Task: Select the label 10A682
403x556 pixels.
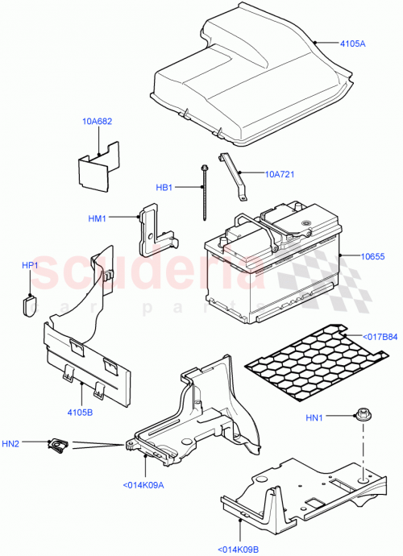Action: click(96, 122)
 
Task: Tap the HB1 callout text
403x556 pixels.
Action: click(164, 188)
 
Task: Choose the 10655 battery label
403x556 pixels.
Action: click(362, 255)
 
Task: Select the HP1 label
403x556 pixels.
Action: click(30, 264)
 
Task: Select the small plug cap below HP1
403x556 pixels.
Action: click(31, 305)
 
